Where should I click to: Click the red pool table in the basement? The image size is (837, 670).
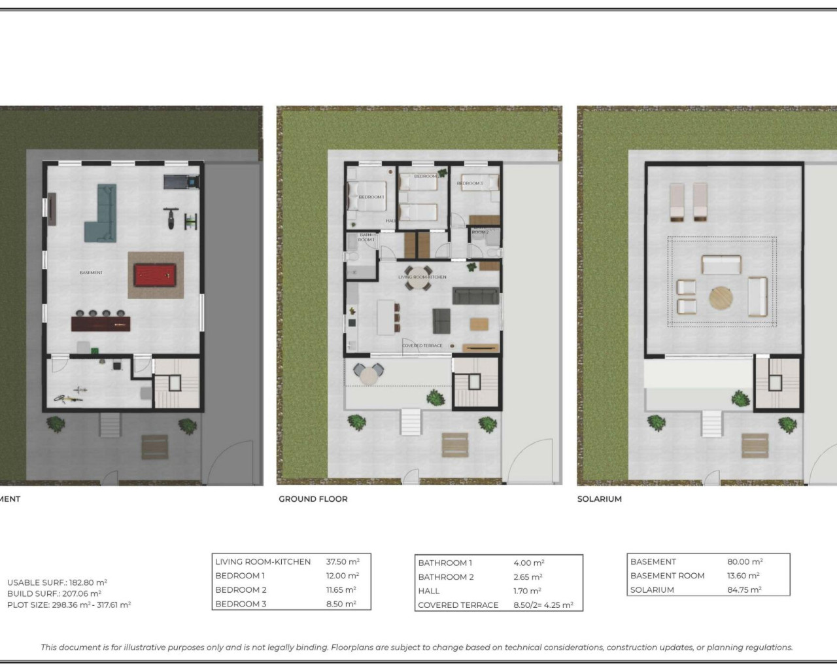(x=156, y=275)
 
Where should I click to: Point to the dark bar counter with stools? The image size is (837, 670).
(x=101, y=323)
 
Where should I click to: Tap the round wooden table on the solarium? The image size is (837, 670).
(x=721, y=298)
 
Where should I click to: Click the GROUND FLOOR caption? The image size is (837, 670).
(x=313, y=499)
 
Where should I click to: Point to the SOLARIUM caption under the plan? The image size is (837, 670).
(x=599, y=499)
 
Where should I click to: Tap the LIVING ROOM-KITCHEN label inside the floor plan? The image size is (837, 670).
(x=422, y=277)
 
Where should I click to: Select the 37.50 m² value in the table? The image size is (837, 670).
(x=343, y=561)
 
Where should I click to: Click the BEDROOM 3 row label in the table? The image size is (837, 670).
(x=241, y=604)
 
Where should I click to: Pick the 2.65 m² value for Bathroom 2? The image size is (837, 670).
(x=527, y=577)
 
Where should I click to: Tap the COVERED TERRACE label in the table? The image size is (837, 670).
(x=458, y=605)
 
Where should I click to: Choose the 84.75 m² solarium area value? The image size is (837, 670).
(x=744, y=590)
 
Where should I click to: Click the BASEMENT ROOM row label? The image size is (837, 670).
(x=667, y=576)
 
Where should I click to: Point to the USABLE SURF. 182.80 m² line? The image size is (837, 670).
(x=57, y=582)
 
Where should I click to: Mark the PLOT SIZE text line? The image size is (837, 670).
(x=69, y=605)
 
